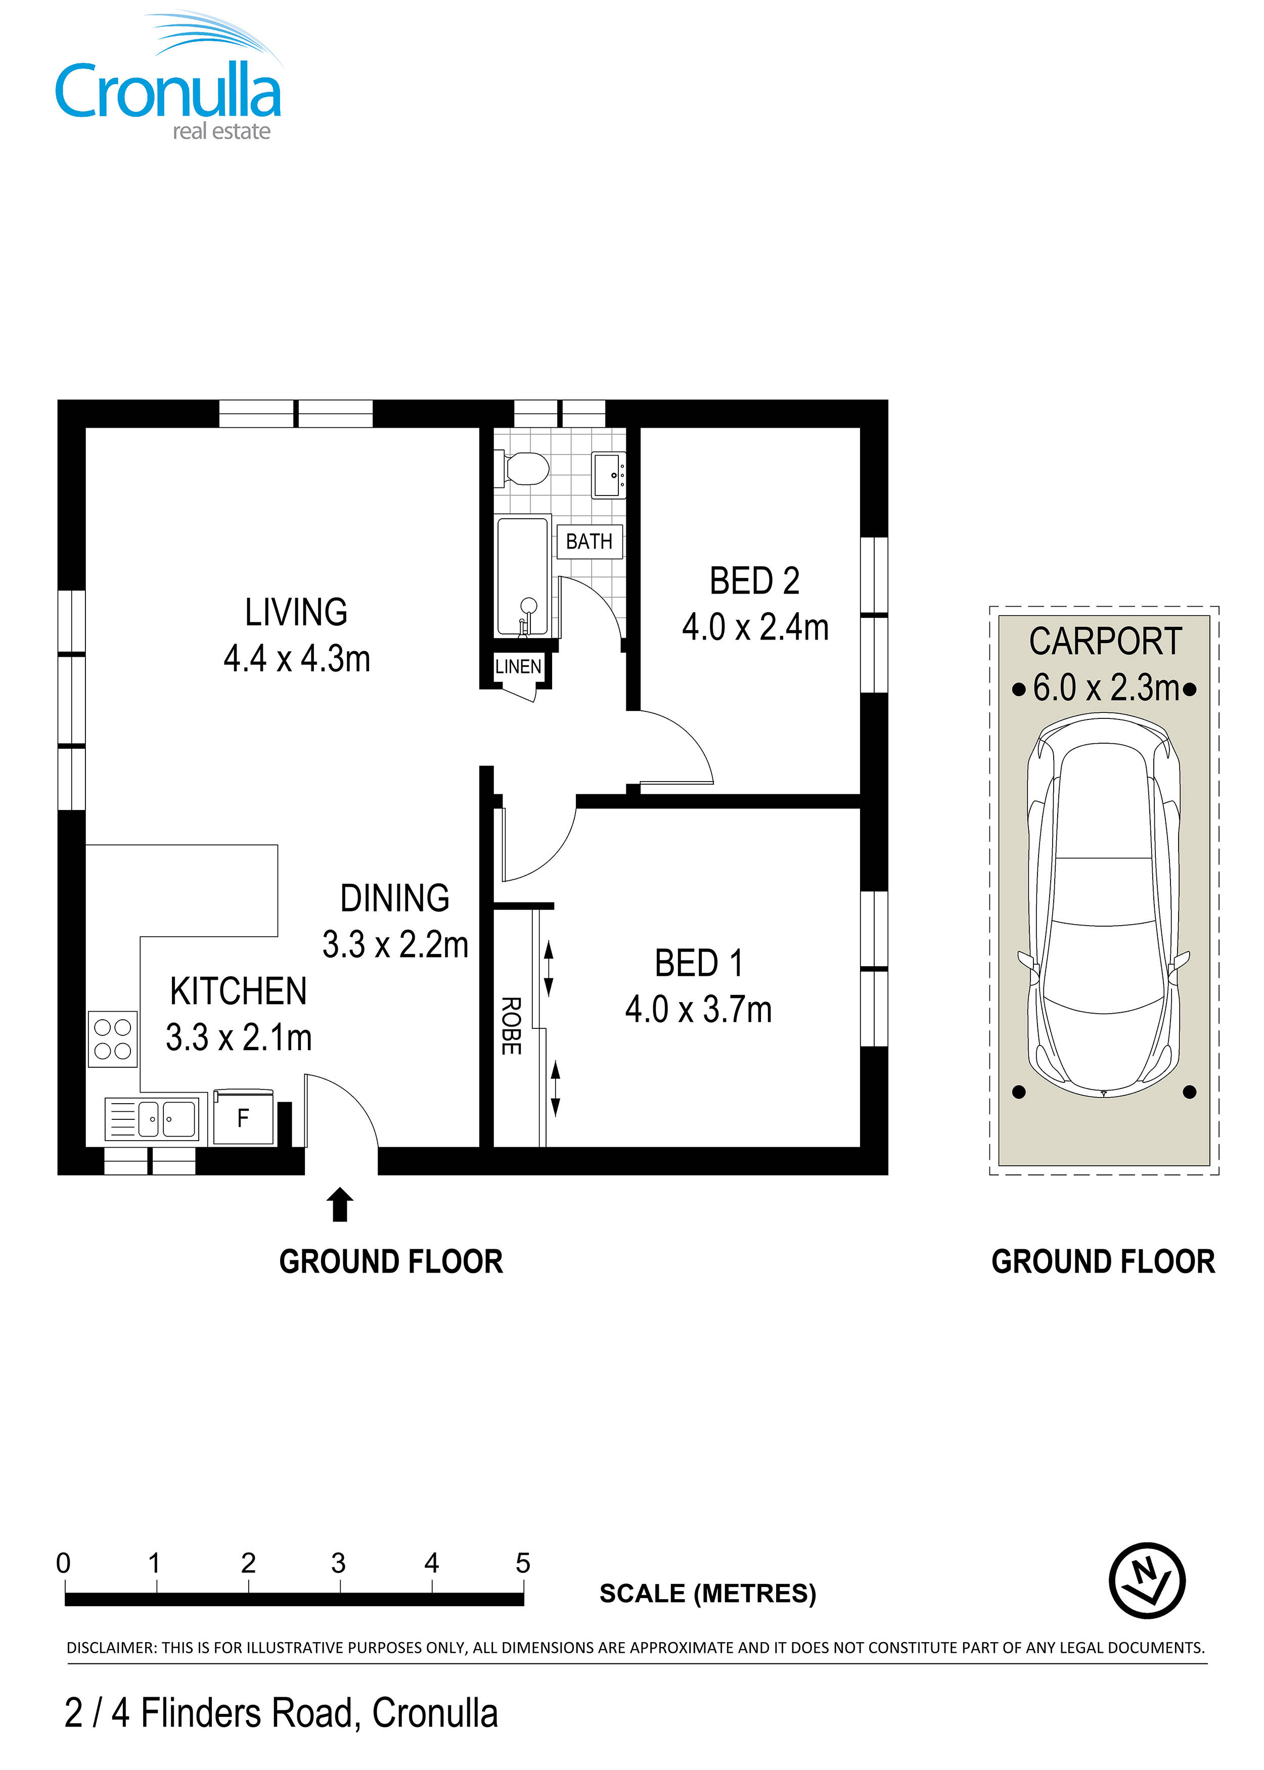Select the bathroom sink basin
click(x=609, y=475)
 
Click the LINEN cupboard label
click(x=518, y=666)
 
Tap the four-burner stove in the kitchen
click(x=113, y=1039)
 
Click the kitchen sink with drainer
click(x=152, y=1118)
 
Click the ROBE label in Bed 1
click(x=511, y=1026)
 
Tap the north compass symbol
click(x=1147, y=1581)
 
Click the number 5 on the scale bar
click(x=523, y=1563)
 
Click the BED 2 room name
click(x=754, y=581)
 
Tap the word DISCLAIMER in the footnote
click(x=111, y=1648)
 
